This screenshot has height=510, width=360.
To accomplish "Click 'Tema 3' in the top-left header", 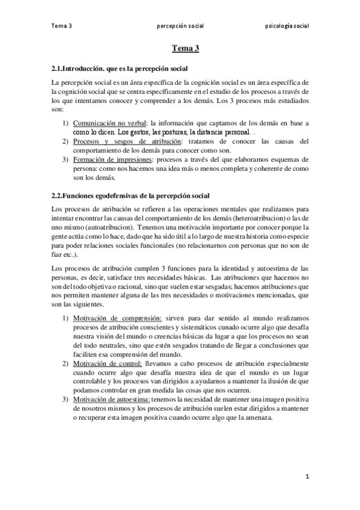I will (61, 26).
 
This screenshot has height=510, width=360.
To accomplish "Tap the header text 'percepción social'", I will (180, 26).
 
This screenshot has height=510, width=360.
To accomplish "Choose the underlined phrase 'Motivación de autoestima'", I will (112, 400).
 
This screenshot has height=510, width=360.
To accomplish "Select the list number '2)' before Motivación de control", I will (67, 364).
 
